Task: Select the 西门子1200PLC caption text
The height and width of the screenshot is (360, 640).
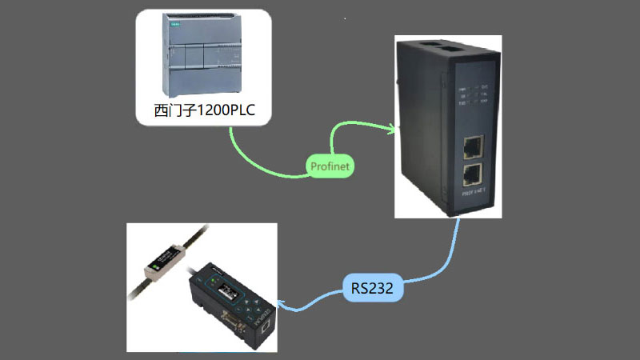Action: pyautogui.click(x=204, y=110)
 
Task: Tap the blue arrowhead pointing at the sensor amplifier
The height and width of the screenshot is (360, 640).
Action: pyautogui.click(x=282, y=308)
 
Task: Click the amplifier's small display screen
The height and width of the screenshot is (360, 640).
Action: pyautogui.click(x=226, y=290)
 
